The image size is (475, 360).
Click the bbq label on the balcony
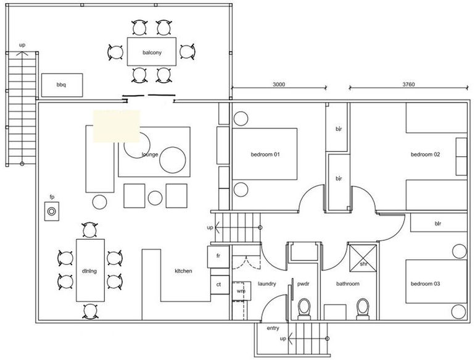61,85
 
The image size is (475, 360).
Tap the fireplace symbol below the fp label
51,211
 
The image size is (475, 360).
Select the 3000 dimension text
279,85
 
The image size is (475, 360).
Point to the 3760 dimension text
408,85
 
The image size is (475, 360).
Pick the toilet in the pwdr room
304,309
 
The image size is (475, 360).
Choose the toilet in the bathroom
363,309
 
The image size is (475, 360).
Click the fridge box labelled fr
218,257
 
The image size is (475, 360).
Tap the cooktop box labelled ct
220,285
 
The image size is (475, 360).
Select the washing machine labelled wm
241,291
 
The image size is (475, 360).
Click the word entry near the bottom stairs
273,328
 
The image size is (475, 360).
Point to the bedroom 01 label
265,154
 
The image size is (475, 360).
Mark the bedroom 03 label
425,284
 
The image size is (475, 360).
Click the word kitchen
183,271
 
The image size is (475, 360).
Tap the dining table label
89,271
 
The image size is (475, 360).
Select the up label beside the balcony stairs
22,45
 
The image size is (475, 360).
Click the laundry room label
267,284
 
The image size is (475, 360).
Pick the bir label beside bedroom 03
438,224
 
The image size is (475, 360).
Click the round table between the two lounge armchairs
155,198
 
